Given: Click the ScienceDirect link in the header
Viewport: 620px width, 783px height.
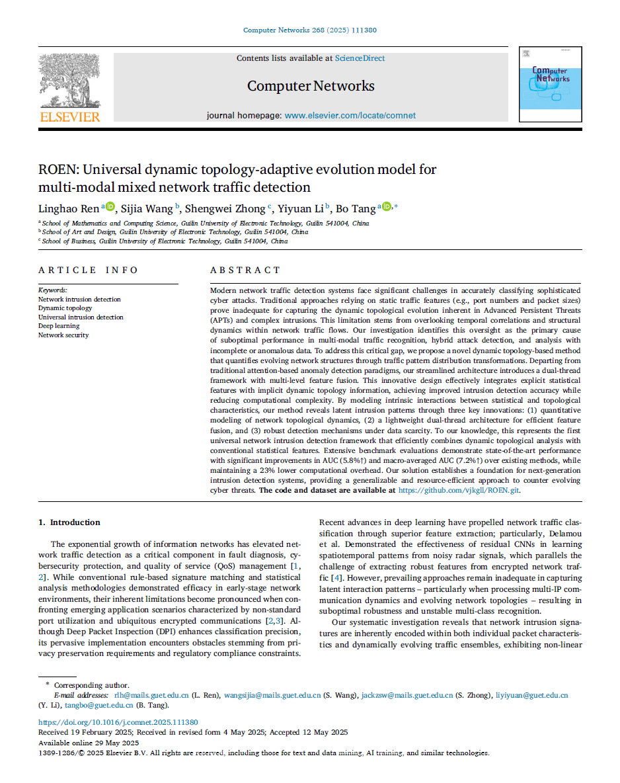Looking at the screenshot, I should pos(360,58).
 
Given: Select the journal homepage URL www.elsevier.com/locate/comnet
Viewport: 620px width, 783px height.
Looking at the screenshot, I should pos(350,115).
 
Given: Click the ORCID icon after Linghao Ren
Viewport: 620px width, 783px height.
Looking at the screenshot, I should pos(110,208).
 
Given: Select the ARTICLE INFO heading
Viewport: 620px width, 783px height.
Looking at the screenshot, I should pos(88,270).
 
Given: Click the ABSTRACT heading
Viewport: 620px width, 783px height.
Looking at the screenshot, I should pos(245,270).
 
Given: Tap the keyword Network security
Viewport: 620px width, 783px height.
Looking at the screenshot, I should pos(63,335).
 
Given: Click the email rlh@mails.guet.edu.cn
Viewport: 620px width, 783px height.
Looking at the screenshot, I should pos(151,695).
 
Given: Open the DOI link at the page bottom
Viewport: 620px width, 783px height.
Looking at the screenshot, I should pos(118,723).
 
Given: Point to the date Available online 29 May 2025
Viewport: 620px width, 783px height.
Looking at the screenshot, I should pos(88,743).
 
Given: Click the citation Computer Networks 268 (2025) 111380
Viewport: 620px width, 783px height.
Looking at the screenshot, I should pos(310,30).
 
